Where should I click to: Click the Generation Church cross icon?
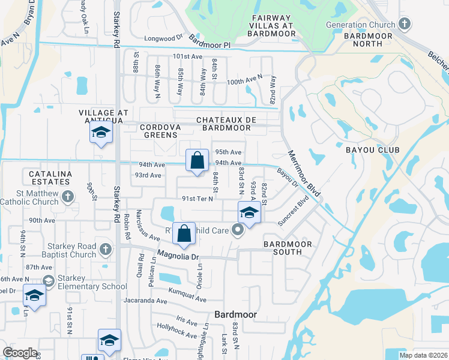pyautogui.click(x=405, y=25)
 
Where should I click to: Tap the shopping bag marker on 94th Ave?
pyautogui.click(x=197, y=161)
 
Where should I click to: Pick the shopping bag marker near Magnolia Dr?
pyautogui.click(x=184, y=235)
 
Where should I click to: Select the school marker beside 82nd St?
pyautogui.click(x=249, y=213)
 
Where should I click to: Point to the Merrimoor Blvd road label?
pyautogui.click(x=304, y=174)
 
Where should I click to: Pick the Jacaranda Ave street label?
pyautogui.click(x=145, y=301)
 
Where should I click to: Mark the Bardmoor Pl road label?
pyautogui.click(x=209, y=42)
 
